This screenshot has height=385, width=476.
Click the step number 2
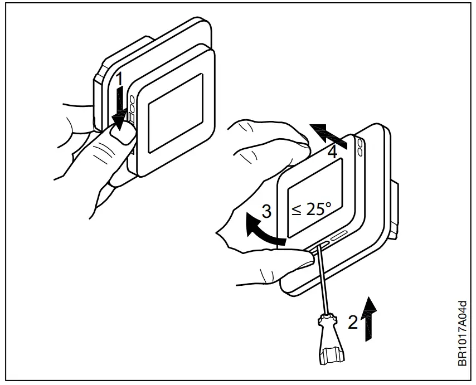352,321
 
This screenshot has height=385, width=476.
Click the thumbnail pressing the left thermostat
124,133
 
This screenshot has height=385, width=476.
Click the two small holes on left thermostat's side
132,104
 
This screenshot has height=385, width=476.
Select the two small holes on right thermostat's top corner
361,146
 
